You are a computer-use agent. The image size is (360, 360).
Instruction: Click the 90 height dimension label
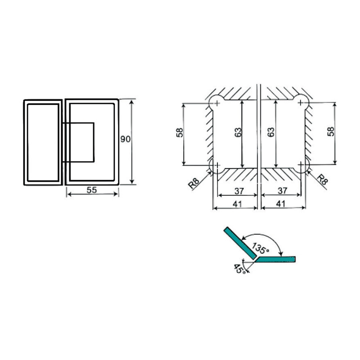(x=126, y=139)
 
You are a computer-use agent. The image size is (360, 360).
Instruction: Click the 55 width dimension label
(x=92, y=190)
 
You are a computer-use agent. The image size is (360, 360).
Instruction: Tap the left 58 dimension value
(x=180, y=132)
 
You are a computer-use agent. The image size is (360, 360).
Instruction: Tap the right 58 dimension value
(x=331, y=131)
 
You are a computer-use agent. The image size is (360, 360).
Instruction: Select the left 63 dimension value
(x=238, y=132)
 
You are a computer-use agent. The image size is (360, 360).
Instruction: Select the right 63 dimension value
(x=271, y=132)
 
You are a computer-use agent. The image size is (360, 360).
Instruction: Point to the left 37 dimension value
(x=239, y=191)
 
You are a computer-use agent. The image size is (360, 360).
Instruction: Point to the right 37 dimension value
(x=283, y=190)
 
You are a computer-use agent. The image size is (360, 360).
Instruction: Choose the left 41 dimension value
(x=237, y=204)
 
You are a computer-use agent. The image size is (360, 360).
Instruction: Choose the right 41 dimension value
(x=280, y=204)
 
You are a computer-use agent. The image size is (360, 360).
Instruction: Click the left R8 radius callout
(x=194, y=184)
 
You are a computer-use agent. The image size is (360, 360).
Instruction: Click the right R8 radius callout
(x=322, y=179)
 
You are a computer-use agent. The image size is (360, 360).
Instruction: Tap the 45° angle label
(x=239, y=269)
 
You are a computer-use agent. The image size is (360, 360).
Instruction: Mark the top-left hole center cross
(x=217, y=103)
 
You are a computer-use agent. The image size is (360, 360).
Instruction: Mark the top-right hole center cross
(x=301, y=103)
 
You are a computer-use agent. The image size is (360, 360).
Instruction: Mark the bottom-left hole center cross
(x=217, y=165)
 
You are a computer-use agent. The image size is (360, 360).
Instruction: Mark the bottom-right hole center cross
(x=301, y=164)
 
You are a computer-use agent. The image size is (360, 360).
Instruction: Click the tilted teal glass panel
(x=240, y=243)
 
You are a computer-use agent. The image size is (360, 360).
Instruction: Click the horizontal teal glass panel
(x=275, y=259)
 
